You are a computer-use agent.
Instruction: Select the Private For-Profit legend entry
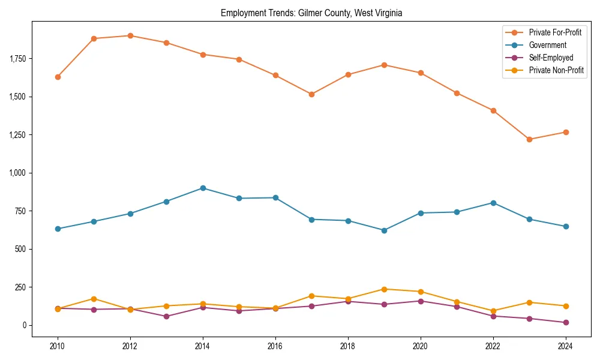(x=555, y=32)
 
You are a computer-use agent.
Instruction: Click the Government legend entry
(x=547, y=45)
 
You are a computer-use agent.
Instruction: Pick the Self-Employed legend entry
(x=551, y=58)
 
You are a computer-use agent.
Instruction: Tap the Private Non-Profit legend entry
(x=556, y=70)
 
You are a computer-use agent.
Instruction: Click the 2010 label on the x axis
(x=58, y=346)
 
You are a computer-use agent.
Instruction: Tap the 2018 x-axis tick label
(x=348, y=346)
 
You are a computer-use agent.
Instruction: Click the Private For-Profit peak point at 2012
(x=130, y=35)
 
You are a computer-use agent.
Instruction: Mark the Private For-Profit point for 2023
(x=529, y=139)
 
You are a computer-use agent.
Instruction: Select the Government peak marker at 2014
(x=203, y=188)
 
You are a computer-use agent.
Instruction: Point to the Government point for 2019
(x=384, y=230)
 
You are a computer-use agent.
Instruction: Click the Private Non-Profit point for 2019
(x=384, y=289)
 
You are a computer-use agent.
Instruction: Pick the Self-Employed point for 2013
(x=166, y=316)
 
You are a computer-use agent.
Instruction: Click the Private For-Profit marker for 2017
(x=311, y=94)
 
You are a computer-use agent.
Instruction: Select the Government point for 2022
(x=493, y=203)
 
